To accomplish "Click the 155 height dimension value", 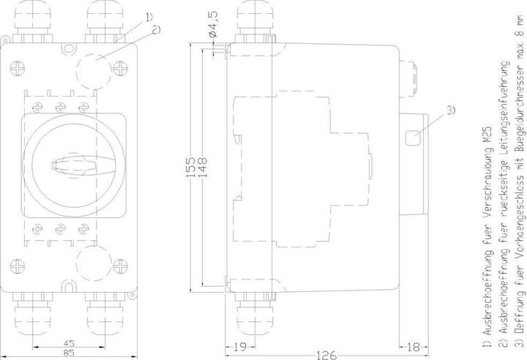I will [x=189, y=168].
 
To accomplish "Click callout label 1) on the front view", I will [x=149, y=16].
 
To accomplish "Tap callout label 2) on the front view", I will [x=155, y=29].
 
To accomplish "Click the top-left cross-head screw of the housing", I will [x=20, y=70].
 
